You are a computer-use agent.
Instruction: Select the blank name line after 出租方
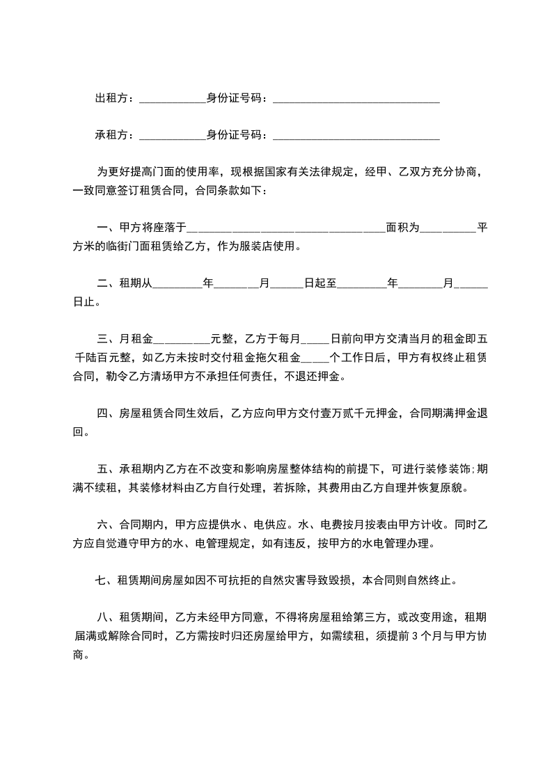tap(172, 100)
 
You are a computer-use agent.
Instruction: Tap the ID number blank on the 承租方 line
tap(356, 136)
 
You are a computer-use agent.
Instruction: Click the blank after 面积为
tap(448, 229)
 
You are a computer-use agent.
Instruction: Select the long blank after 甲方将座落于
tap(286, 229)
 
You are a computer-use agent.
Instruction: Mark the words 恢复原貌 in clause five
tap(439, 488)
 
